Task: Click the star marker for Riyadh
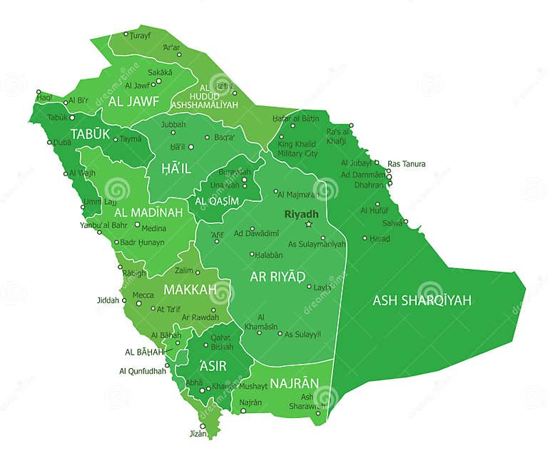point(309,224)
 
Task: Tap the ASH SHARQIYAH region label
point(422,300)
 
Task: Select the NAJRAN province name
point(294,383)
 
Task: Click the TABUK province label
point(90,133)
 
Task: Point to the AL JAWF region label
point(133,101)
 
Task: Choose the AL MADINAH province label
point(148,213)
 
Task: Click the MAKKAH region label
point(189,290)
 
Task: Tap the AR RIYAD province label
point(277,276)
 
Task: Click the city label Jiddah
point(108,300)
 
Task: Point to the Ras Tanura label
point(406,164)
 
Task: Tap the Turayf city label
point(141,35)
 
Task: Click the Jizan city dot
point(203,426)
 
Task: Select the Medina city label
point(154,228)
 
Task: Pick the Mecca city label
point(143,295)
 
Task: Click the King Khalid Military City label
point(298,149)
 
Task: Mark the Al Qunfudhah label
point(143,371)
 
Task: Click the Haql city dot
point(39,92)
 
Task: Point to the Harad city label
point(380,238)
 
